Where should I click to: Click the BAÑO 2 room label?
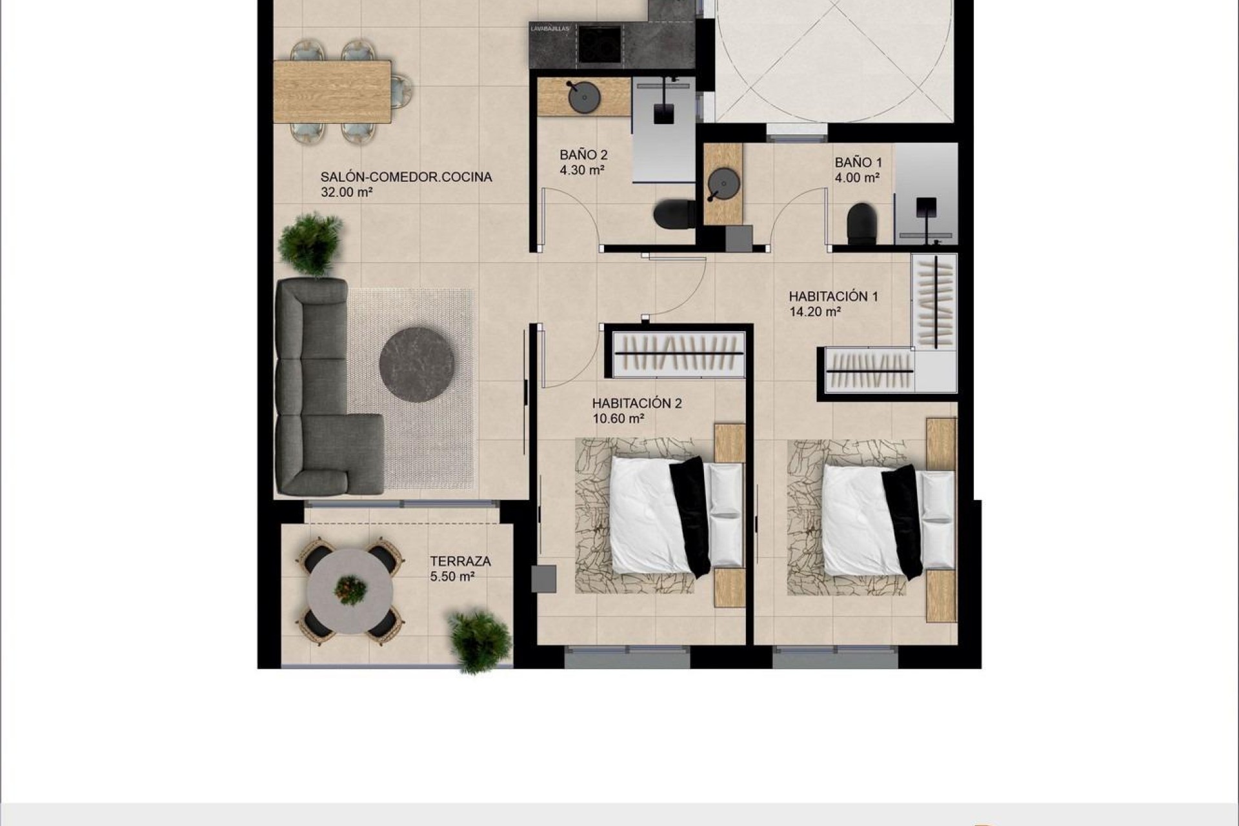coord(583,155)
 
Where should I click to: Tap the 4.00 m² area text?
coord(857,178)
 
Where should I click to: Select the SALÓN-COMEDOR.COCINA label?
coord(406,177)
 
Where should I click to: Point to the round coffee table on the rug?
coord(416,365)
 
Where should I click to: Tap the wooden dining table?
coord(332,91)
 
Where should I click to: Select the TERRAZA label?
coord(460,561)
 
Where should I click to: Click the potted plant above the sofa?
coord(310,244)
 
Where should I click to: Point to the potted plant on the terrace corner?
coord(479,640)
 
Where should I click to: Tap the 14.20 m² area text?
coord(814,312)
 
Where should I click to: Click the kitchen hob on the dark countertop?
coord(599,45)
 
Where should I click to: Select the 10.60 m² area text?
coord(618,419)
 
